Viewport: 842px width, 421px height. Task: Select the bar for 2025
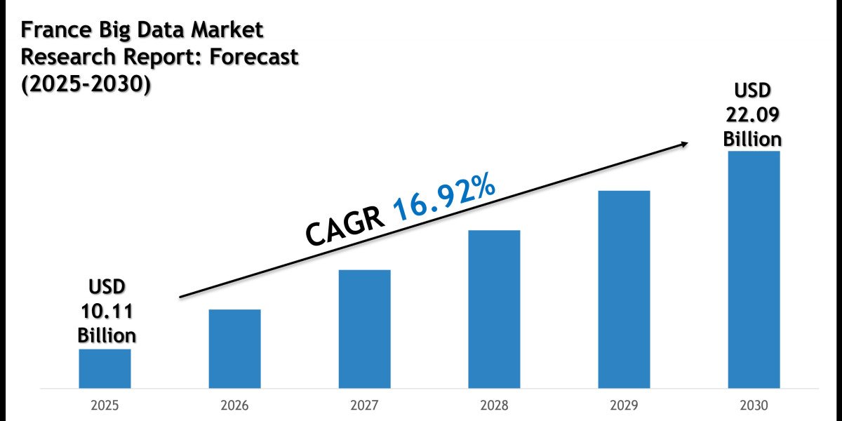pyautogui.click(x=105, y=368)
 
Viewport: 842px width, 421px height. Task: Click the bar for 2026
pyautogui.click(x=234, y=349)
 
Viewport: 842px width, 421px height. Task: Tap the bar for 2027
pyautogui.click(x=364, y=328)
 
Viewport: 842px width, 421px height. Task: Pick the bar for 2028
pyautogui.click(x=494, y=309)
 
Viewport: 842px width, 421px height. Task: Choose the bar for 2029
pyautogui.click(x=624, y=289)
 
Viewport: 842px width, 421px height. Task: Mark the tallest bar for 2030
pyautogui.click(x=754, y=269)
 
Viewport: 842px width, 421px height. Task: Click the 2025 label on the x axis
pyautogui.click(x=105, y=406)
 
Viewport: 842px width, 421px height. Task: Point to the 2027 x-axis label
pyautogui.click(x=364, y=406)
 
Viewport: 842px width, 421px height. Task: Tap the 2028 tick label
pyautogui.click(x=494, y=406)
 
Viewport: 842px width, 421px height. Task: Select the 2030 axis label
pyautogui.click(x=754, y=406)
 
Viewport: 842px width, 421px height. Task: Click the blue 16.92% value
pyautogui.click(x=445, y=199)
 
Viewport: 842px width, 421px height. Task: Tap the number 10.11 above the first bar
pyautogui.click(x=107, y=311)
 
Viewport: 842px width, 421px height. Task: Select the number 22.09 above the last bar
pyautogui.click(x=753, y=114)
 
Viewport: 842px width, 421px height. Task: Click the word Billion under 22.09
pyautogui.click(x=753, y=138)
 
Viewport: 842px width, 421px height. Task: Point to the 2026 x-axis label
pyautogui.click(x=234, y=406)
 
